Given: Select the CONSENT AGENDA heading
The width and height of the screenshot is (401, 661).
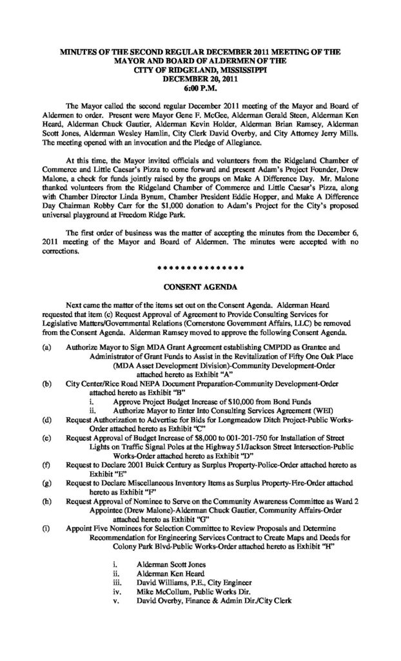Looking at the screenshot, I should pyautogui.click(x=200, y=285).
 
